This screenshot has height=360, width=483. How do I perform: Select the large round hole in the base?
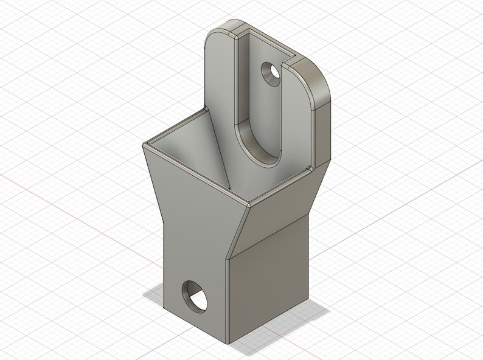194,297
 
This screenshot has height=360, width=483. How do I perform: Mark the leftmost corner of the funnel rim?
144,145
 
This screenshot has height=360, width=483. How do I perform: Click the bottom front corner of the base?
228,342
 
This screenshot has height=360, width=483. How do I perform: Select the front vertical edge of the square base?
228,298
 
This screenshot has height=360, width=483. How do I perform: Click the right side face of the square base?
268,286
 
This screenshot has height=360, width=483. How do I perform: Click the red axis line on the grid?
73,207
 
